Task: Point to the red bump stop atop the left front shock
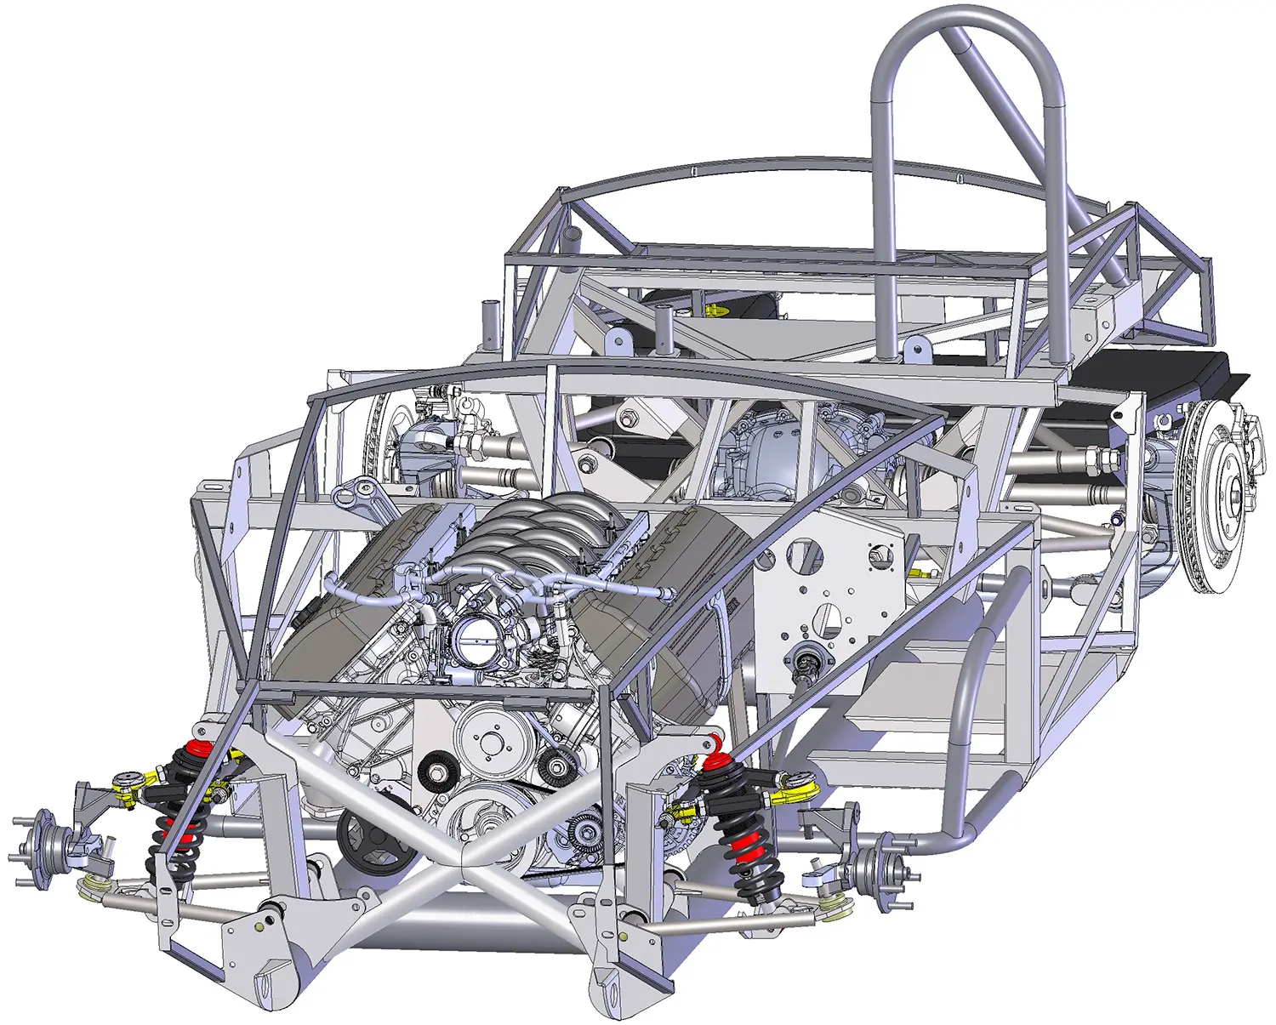197,749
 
